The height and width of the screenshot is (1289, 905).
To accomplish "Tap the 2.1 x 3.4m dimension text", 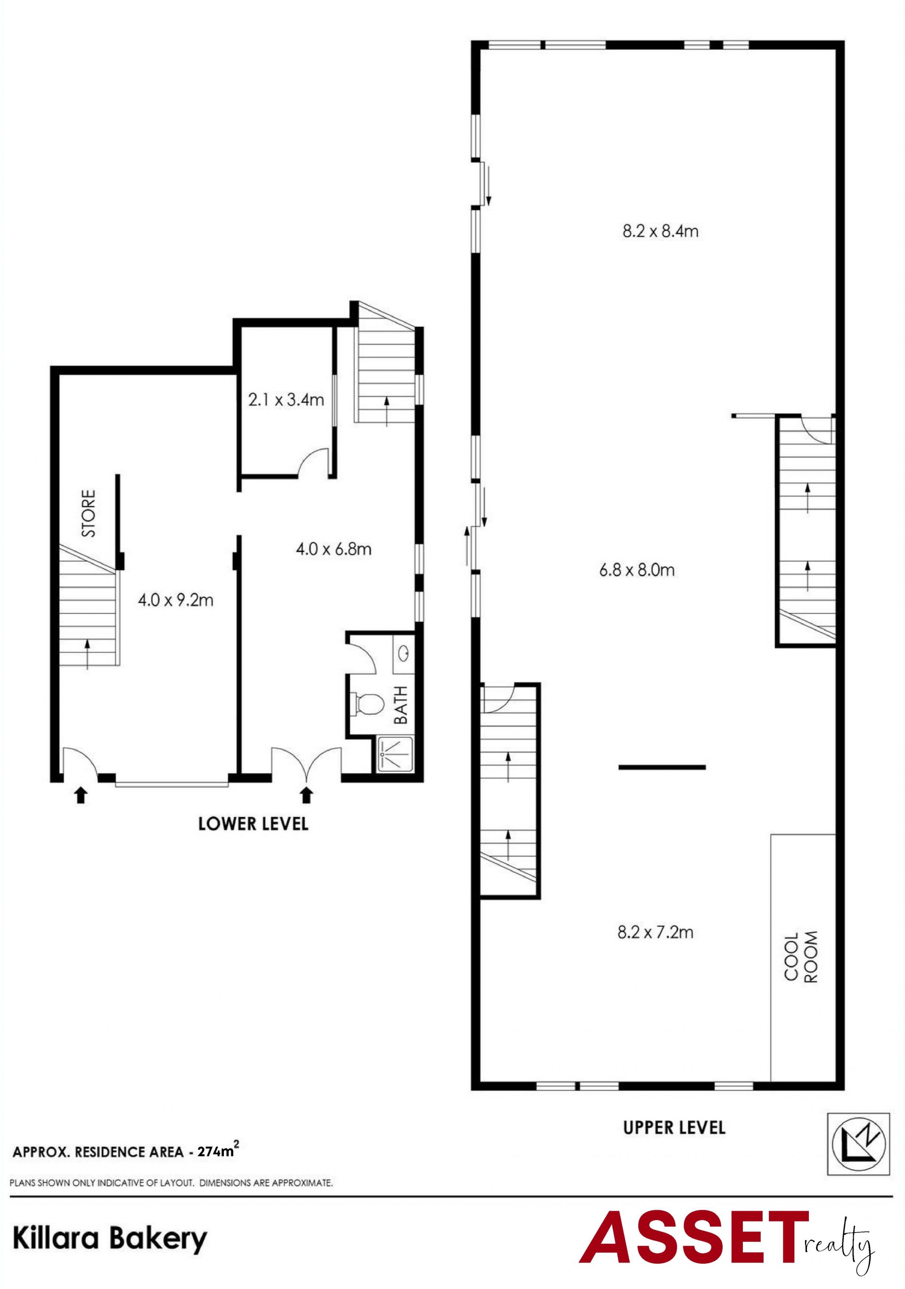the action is (x=286, y=400).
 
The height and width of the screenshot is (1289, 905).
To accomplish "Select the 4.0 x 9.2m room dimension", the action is (x=176, y=600).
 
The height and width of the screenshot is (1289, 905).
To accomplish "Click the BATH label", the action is (x=401, y=704).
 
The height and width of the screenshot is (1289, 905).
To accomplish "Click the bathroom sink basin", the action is (x=403, y=653).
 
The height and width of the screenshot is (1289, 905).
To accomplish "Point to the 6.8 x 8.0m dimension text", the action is (x=637, y=570).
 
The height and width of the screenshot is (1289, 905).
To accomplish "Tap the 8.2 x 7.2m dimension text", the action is (x=655, y=932).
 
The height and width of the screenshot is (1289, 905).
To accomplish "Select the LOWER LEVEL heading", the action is (x=253, y=824).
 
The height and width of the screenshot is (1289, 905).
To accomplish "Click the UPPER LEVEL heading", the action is (x=674, y=1127).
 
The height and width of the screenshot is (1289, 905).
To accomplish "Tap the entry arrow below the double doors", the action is (x=306, y=794).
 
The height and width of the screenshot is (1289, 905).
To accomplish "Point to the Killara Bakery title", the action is (x=110, y=1238).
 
